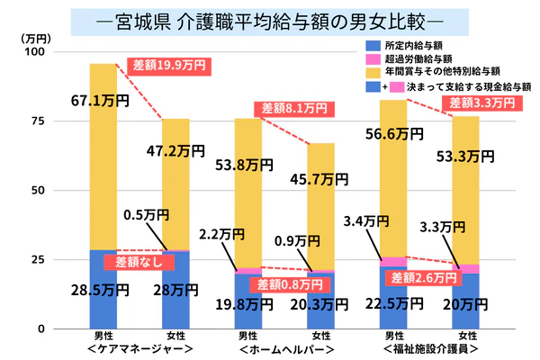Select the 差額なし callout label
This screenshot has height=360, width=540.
134,262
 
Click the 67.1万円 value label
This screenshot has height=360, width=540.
103,98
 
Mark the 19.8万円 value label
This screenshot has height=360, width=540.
247,306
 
